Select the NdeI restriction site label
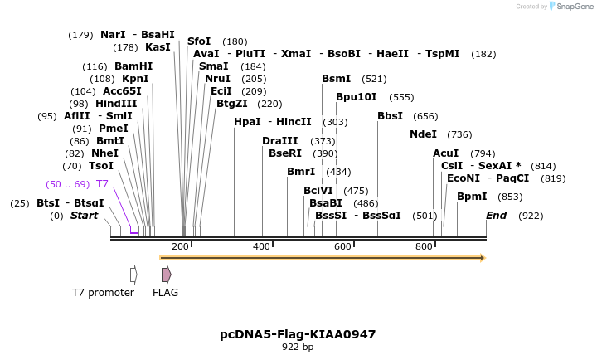(423, 134)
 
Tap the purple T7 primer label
(102, 184)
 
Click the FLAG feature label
(165, 292)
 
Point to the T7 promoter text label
(103, 292)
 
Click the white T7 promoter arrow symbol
(133, 274)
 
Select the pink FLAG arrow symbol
(166, 274)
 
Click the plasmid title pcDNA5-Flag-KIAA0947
(298, 334)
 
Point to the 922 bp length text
(298, 348)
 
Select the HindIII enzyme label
(114, 104)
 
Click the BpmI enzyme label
(472, 197)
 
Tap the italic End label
(496, 216)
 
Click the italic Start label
(84, 216)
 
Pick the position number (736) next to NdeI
(459, 134)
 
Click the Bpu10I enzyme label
(356, 97)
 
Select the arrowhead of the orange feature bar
(482, 258)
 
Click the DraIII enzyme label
(279, 141)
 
